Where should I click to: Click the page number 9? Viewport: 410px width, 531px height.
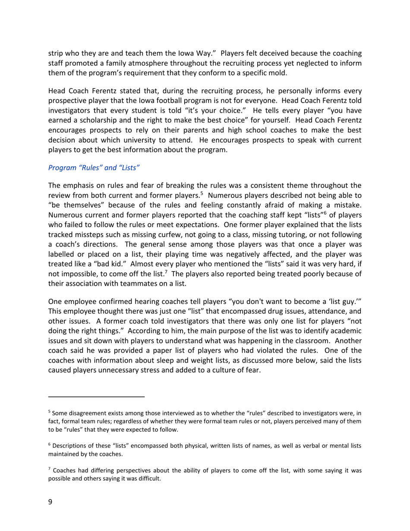point(50,503)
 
